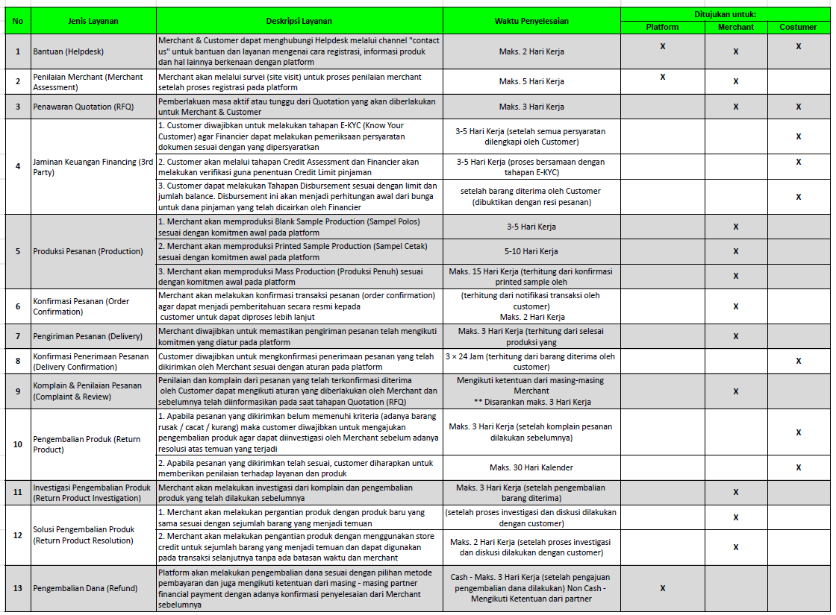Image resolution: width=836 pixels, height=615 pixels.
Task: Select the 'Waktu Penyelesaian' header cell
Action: click(531, 20)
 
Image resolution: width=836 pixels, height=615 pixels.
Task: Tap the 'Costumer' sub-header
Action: click(798, 27)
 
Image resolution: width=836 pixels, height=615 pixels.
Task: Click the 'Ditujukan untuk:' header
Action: click(725, 14)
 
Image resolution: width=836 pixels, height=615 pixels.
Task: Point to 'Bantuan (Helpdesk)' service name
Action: click(68, 51)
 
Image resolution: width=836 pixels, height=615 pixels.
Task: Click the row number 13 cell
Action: click(18, 588)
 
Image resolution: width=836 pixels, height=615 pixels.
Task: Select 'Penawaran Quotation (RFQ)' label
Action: click(84, 107)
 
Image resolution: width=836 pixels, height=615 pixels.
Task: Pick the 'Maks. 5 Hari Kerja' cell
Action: click(531, 81)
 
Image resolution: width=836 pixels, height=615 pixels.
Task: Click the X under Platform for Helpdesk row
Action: click(662, 47)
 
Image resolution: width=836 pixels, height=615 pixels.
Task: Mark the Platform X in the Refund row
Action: click(662, 588)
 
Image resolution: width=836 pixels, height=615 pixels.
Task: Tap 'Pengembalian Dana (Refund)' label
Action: click(85, 588)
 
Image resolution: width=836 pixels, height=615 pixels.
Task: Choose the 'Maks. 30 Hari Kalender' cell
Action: click(531, 467)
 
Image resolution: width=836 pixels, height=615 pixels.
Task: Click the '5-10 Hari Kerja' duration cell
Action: click(531, 251)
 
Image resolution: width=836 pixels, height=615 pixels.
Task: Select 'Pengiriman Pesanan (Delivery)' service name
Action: click(87, 336)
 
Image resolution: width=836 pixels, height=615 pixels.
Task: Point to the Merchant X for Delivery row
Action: click(736, 336)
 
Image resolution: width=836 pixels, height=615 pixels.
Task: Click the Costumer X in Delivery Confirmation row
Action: click(798, 361)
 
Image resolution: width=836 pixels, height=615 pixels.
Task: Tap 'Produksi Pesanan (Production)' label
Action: click(88, 251)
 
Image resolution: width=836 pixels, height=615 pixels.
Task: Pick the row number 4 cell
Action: click(18, 166)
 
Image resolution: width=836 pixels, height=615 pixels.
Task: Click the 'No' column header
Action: click(18, 20)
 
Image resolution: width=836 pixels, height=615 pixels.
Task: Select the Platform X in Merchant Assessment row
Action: click(662, 77)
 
